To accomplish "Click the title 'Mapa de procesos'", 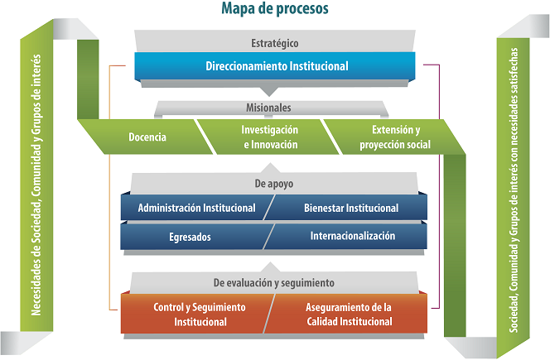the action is pyautogui.click(x=275, y=8).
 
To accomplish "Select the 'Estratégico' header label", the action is pyautogui.click(x=275, y=43).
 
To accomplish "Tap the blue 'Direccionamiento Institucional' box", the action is pyautogui.click(x=275, y=66).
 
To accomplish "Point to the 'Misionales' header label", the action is pyautogui.click(x=268, y=108).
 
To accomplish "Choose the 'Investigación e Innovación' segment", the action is pyautogui.click(x=268, y=137).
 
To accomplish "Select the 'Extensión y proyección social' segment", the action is pyautogui.click(x=393, y=137).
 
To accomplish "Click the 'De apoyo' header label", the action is pyautogui.click(x=274, y=184).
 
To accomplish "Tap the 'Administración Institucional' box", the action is pyautogui.click(x=196, y=208).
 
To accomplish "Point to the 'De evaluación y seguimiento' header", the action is pyautogui.click(x=274, y=283).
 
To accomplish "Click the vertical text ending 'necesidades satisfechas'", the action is pyautogui.click(x=514, y=190).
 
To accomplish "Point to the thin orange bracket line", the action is pyautogui.click(x=110, y=188).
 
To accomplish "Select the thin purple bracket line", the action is pyautogui.click(x=439, y=186).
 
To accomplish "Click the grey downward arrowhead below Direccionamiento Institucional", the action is pyautogui.click(x=269, y=92).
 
